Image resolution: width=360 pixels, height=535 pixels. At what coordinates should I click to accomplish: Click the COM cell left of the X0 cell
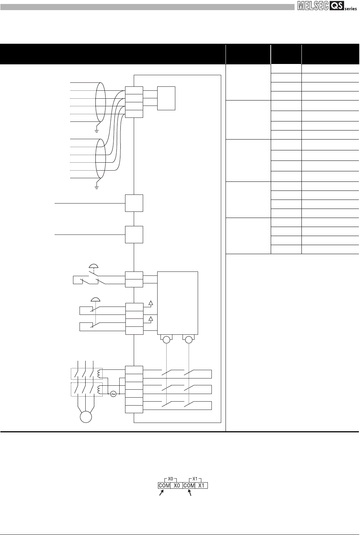[164, 485]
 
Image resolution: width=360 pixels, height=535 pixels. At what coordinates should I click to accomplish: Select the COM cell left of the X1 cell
[189, 485]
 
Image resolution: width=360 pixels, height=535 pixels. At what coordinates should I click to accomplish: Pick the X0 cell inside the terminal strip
[177, 485]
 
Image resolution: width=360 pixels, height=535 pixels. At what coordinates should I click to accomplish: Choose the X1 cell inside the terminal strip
[202, 485]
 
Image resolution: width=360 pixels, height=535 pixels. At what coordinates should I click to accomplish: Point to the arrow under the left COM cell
[162, 494]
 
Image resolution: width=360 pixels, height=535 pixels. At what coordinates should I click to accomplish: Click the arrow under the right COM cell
[190, 494]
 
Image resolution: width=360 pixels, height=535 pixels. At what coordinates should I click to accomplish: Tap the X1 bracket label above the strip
[195, 479]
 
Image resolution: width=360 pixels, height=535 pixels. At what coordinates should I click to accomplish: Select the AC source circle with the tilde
[113, 394]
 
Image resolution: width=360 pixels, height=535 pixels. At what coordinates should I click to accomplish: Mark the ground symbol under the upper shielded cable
[97, 130]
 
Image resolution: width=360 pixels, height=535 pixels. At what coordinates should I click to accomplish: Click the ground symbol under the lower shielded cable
[97, 187]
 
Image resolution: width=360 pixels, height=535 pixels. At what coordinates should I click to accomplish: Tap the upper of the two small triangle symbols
[151, 303]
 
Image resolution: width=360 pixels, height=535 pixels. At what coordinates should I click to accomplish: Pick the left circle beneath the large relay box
[166, 340]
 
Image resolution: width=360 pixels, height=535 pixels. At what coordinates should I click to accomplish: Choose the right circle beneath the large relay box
[188, 340]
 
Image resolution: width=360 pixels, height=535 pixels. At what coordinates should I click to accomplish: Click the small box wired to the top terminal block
[166, 98]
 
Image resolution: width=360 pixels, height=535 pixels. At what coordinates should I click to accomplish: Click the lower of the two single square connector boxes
[134, 235]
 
